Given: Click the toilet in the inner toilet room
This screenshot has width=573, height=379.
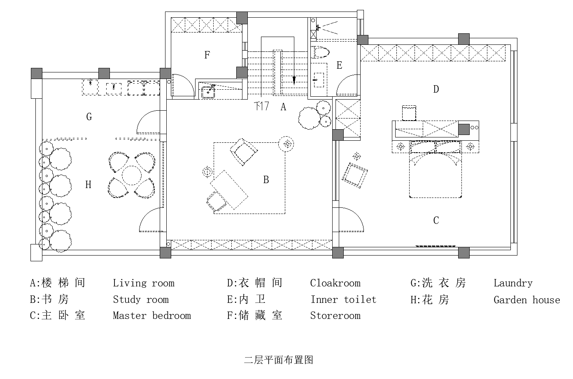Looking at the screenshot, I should coord(321,52).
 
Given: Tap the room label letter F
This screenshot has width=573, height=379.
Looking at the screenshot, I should coord(207,55).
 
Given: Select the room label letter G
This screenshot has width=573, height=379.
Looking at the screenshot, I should coord(89,117).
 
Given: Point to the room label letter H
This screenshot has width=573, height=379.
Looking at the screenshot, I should coord(88,185).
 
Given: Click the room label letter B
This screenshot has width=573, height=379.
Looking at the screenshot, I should coord(266,180).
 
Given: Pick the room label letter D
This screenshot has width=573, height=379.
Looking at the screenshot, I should coord(436,89).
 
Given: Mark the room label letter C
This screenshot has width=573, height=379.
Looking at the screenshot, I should coord(436,221).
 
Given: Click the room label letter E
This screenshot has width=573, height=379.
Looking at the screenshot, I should coord(339,65).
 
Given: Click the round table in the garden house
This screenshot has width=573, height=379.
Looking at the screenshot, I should coord(132,175).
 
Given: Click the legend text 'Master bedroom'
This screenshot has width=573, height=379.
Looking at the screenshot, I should coord(152,316).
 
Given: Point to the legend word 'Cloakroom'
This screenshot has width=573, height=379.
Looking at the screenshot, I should coord(335,283).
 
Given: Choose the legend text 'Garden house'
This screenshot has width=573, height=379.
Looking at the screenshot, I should coord(526,300).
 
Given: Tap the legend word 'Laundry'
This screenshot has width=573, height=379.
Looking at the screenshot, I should coord(513,283).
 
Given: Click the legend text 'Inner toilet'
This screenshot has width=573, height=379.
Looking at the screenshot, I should coord(343,300).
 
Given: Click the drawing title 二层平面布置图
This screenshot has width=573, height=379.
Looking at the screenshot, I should coord(279,360).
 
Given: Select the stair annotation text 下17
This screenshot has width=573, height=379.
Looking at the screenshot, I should coord(261,106).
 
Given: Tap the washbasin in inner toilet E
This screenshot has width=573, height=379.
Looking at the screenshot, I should coord(318,78).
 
